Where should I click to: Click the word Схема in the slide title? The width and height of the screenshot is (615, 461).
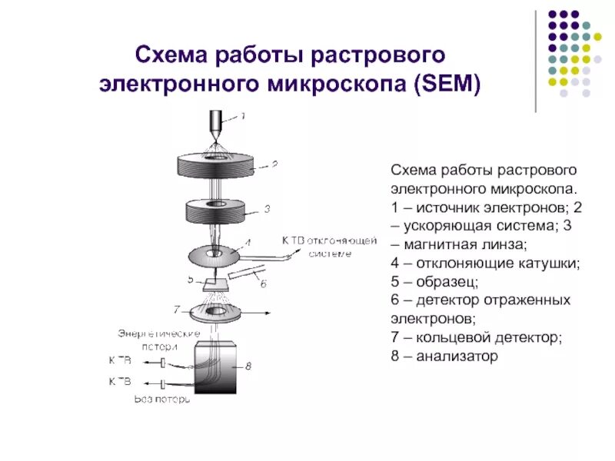pos(170,55)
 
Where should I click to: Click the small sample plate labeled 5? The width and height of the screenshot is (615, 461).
pos(216,284)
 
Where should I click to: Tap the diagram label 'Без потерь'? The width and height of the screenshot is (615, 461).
pos(162,399)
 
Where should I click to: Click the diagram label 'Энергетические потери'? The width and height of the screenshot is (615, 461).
pos(158,339)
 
